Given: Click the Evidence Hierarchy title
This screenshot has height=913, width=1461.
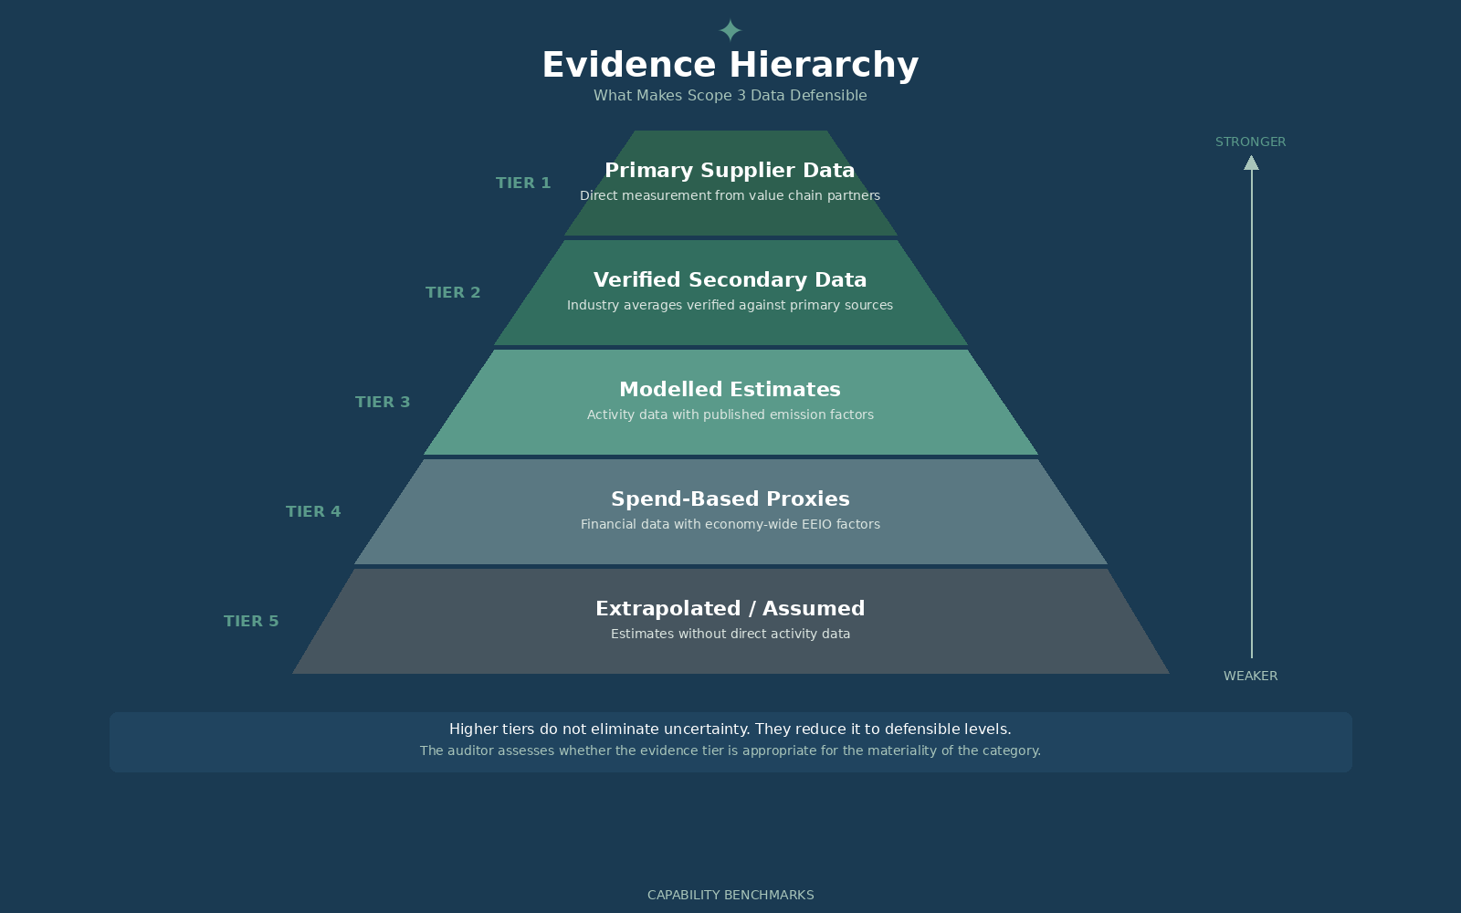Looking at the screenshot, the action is (x=730, y=65).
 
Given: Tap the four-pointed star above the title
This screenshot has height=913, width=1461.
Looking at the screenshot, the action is (x=730, y=30).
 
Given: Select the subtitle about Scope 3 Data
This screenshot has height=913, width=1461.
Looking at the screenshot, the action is (x=730, y=95).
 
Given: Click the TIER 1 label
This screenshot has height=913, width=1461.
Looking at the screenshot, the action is (x=523, y=183).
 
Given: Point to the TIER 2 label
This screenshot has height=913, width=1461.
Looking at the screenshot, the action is (x=453, y=292).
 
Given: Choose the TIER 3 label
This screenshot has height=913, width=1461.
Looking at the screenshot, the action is (x=383, y=402).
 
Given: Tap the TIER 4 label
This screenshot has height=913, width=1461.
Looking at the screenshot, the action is (x=313, y=511).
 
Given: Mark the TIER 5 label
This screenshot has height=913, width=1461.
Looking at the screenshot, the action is (x=251, y=621).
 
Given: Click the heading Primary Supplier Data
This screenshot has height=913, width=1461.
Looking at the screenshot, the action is (x=730, y=170).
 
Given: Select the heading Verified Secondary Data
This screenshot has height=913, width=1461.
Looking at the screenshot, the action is (x=730, y=279).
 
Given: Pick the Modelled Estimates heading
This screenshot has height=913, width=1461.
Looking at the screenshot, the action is (x=730, y=389).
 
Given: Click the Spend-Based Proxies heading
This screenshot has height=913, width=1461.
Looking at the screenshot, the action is (x=730, y=498).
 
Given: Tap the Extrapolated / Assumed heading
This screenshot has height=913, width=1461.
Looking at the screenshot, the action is (x=730, y=608).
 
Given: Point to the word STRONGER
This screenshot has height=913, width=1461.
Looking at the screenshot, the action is (x=1250, y=142).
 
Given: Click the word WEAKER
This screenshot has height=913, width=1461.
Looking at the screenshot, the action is (x=1250, y=676).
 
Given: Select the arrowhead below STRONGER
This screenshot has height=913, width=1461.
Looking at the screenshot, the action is (x=1251, y=163).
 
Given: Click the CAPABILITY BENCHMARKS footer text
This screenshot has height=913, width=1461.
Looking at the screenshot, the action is (x=730, y=895).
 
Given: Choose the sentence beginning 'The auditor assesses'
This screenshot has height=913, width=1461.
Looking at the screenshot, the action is (x=730, y=750).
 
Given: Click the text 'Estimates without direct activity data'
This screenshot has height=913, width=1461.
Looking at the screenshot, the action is (x=730, y=634).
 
